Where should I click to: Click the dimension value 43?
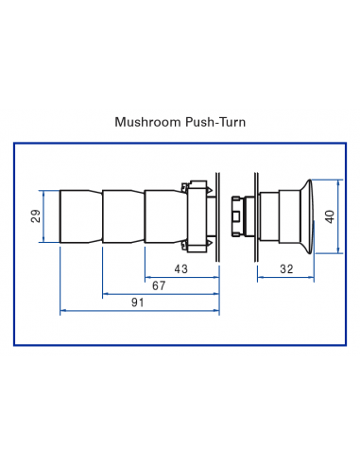click(x=181, y=270)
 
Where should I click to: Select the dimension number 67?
click(x=159, y=285)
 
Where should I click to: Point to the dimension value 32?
click(x=285, y=270)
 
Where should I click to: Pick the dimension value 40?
click(x=330, y=216)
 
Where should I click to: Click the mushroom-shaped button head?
click(x=313, y=215)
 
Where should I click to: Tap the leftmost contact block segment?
click(x=79, y=216)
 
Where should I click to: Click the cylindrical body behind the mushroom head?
click(x=279, y=216)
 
